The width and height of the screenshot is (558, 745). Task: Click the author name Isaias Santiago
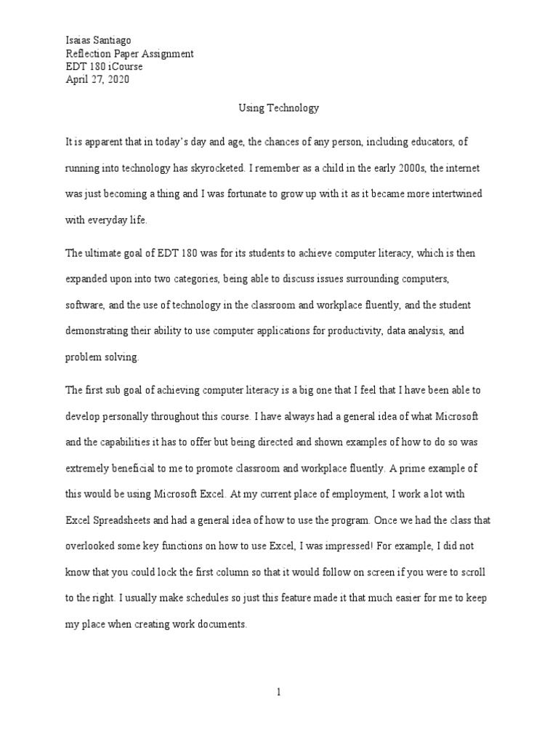[x=98, y=41]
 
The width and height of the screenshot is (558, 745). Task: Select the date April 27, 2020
[x=97, y=80]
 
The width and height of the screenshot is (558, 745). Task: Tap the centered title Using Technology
[x=279, y=108]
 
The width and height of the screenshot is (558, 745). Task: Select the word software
[x=84, y=305]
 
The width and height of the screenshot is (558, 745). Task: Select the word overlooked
[x=90, y=546]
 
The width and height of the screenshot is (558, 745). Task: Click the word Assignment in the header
[x=169, y=54]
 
